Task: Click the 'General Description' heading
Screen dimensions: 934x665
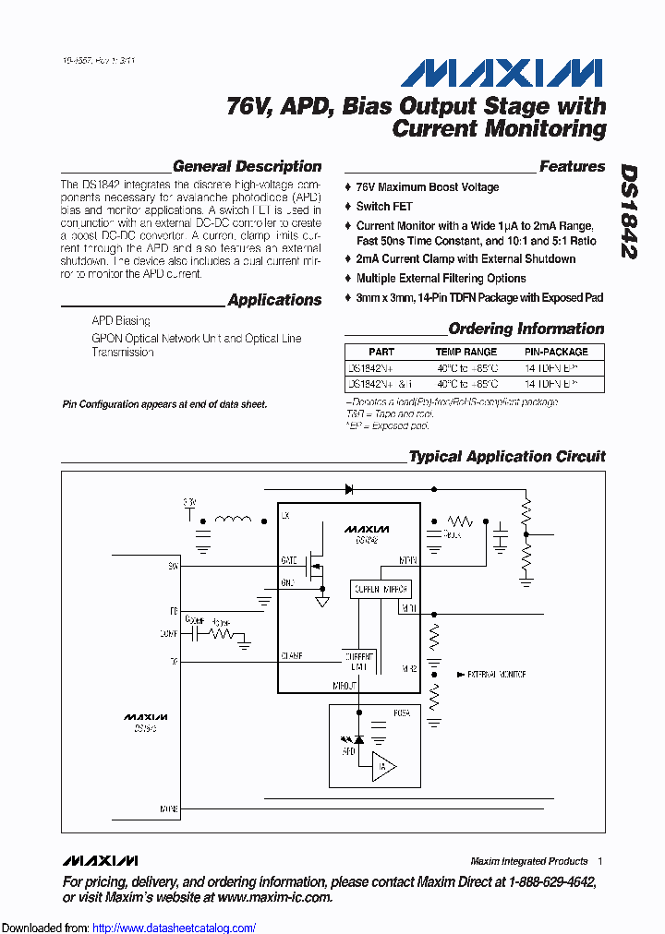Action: [x=248, y=167]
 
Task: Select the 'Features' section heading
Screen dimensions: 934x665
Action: [x=572, y=167]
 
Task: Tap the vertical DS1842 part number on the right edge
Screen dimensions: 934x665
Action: [x=628, y=212]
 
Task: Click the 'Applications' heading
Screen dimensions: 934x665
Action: [x=274, y=300]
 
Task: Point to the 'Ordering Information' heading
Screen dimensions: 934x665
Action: [x=526, y=329]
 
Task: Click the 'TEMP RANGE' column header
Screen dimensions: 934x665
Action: [x=466, y=352]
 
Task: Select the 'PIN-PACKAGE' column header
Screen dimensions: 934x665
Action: [x=556, y=352]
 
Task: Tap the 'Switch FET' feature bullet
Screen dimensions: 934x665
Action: [x=384, y=207]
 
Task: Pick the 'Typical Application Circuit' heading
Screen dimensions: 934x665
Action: [x=507, y=457]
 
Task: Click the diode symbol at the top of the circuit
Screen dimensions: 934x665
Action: [x=350, y=488]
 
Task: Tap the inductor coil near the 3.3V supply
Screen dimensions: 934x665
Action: [x=233, y=521]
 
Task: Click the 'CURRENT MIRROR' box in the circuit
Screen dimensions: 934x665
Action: [x=380, y=589]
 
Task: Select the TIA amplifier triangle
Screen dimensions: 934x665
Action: [x=385, y=767]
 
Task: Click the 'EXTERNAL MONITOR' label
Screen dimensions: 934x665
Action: [x=497, y=675]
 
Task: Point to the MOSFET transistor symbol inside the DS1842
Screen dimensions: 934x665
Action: [x=318, y=562]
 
